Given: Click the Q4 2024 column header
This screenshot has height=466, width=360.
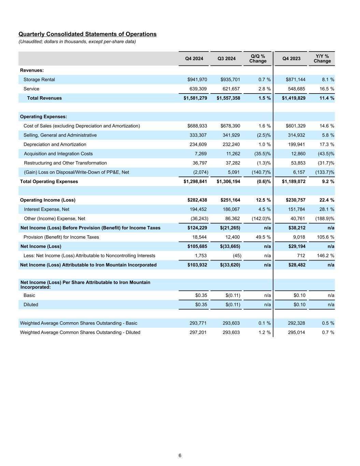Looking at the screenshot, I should (x=194, y=59).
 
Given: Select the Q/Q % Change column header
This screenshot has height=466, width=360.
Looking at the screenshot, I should (x=258, y=58).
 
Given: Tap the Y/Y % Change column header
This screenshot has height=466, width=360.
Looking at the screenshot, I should (x=322, y=58).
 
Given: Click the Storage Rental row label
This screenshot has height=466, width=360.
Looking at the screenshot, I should (x=39, y=80).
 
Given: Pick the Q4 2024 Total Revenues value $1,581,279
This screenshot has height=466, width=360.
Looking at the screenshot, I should (x=195, y=98).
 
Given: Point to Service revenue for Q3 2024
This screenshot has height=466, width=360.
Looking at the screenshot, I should (x=231, y=89).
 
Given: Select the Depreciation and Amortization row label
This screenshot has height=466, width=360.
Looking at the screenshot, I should (x=55, y=144).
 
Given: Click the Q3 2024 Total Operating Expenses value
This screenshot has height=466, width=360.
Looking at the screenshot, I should (x=228, y=181).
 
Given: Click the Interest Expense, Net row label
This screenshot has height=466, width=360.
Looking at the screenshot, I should (x=46, y=209).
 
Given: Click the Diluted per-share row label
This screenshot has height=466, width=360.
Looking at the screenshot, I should (x=31, y=305).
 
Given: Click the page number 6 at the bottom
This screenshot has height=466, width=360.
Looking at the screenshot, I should (x=180, y=455).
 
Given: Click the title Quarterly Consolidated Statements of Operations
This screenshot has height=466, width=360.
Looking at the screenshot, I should (x=87, y=34).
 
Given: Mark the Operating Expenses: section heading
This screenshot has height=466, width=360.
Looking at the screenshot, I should (x=43, y=117).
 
